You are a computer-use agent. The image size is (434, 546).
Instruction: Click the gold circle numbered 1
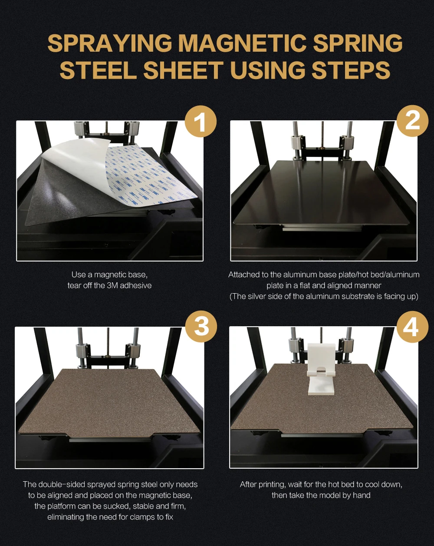(x=201, y=121)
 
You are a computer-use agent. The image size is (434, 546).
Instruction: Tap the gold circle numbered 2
(x=412, y=121)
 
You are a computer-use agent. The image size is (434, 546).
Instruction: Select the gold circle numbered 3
(x=201, y=327)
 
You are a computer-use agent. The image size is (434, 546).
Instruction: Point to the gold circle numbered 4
(x=412, y=327)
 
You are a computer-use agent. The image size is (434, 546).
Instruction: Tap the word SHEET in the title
(x=183, y=70)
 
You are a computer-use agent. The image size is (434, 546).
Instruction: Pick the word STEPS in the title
(x=351, y=70)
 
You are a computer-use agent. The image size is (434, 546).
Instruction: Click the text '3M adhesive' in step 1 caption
(x=129, y=285)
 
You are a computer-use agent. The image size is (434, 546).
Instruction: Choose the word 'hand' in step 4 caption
(x=362, y=495)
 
